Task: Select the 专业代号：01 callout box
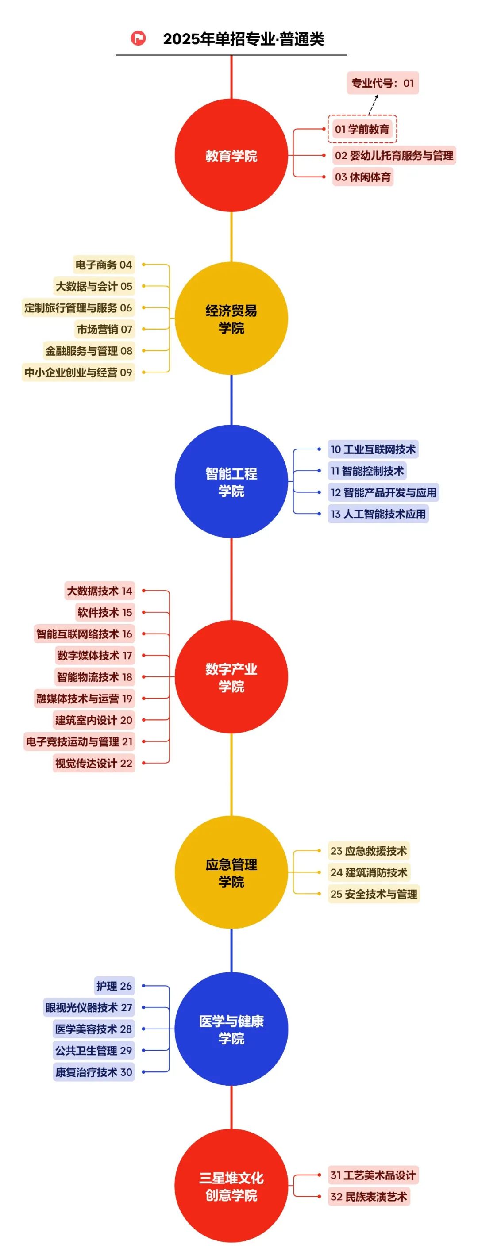(382, 83)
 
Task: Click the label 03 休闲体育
(362, 177)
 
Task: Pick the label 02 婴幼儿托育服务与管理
(393, 156)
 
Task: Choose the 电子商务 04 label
(104, 265)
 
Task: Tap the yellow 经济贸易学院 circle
(231, 318)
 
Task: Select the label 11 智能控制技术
(366, 470)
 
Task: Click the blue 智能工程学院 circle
(231, 482)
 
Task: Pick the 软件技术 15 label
(105, 612)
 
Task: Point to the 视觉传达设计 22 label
(93, 763)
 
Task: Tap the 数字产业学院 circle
(231, 677)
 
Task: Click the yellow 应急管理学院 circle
(231, 872)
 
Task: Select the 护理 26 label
(114, 986)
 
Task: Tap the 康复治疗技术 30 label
(93, 1072)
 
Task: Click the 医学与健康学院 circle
(231, 1029)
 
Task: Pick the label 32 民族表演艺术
(368, 1197)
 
